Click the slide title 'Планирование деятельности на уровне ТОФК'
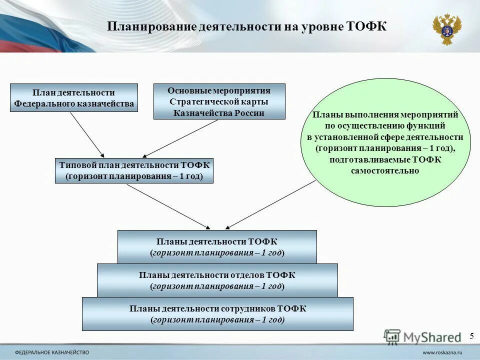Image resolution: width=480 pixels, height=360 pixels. [x=247, y=26]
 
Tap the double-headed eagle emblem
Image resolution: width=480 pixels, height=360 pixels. [x=446, y=29]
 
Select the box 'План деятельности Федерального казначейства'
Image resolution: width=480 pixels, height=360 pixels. [x=74, y=98]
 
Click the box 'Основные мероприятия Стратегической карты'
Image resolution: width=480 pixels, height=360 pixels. [x=219, y=101]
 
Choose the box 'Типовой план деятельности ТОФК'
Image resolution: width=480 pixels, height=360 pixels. [x=134, y=170]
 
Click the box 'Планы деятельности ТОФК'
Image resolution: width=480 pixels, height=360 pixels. [x=217, y=247]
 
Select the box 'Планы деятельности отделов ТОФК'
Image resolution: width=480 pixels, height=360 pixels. [x=217, y=280]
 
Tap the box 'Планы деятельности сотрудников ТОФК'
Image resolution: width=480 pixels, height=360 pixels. [x=217, y=314]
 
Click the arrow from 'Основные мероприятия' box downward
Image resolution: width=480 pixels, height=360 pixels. [x=181, y=138]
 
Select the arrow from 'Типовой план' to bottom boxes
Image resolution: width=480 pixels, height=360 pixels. [x=168, y=205]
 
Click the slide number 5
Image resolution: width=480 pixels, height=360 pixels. [x=471, y=336]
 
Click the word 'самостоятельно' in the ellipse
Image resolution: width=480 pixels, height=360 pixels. [x=384, y=170]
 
